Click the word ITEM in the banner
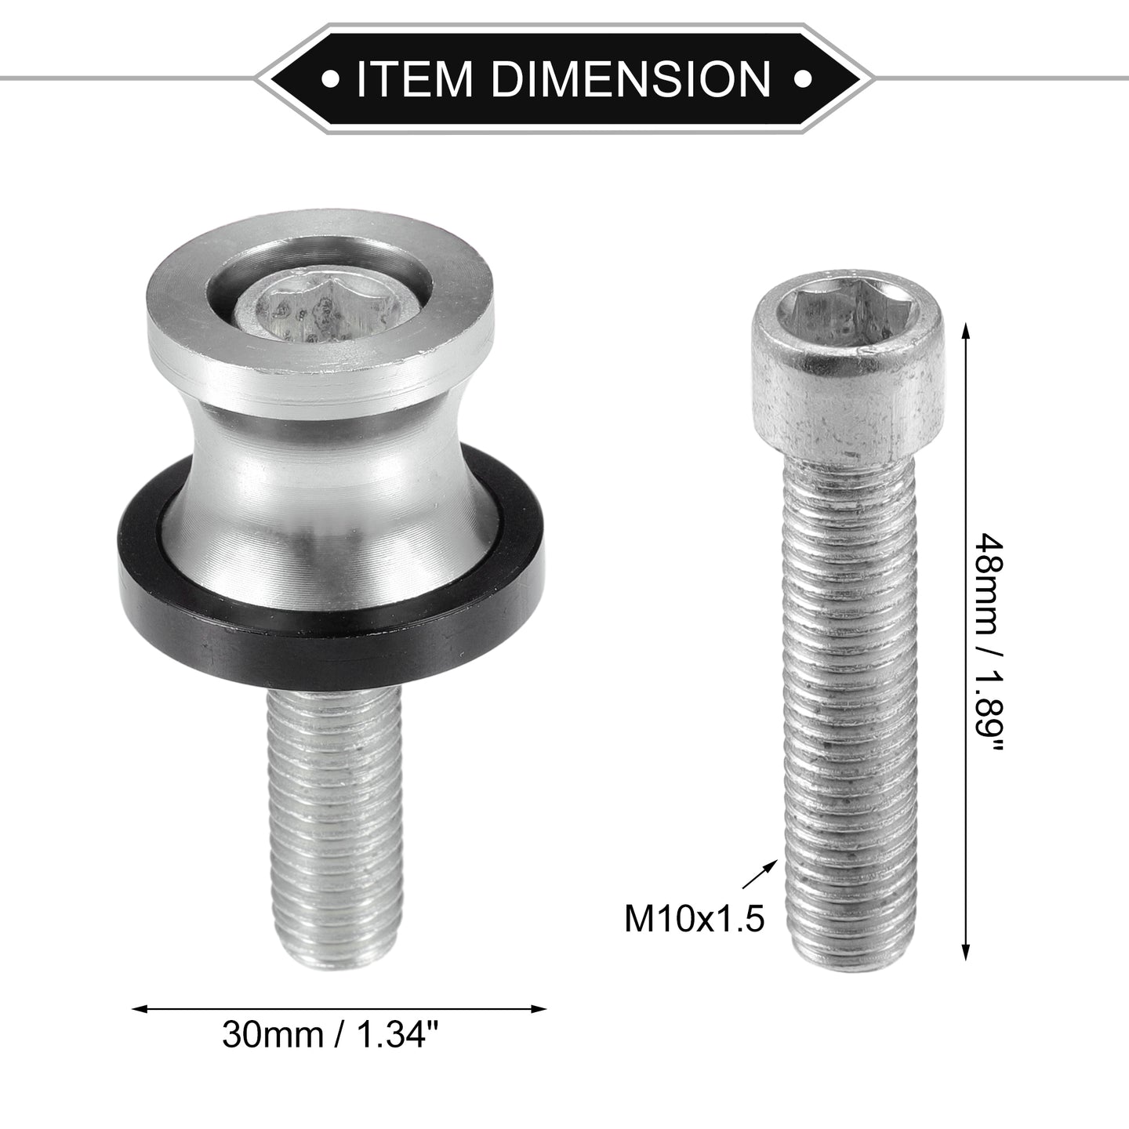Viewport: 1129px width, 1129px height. pos(414,78)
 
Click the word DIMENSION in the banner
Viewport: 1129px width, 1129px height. pos(630,78)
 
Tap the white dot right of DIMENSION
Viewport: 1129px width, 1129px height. pos(802,78)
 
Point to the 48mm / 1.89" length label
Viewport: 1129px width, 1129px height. pos(988,644)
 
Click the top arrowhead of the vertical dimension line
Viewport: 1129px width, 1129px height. pos(966,335)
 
